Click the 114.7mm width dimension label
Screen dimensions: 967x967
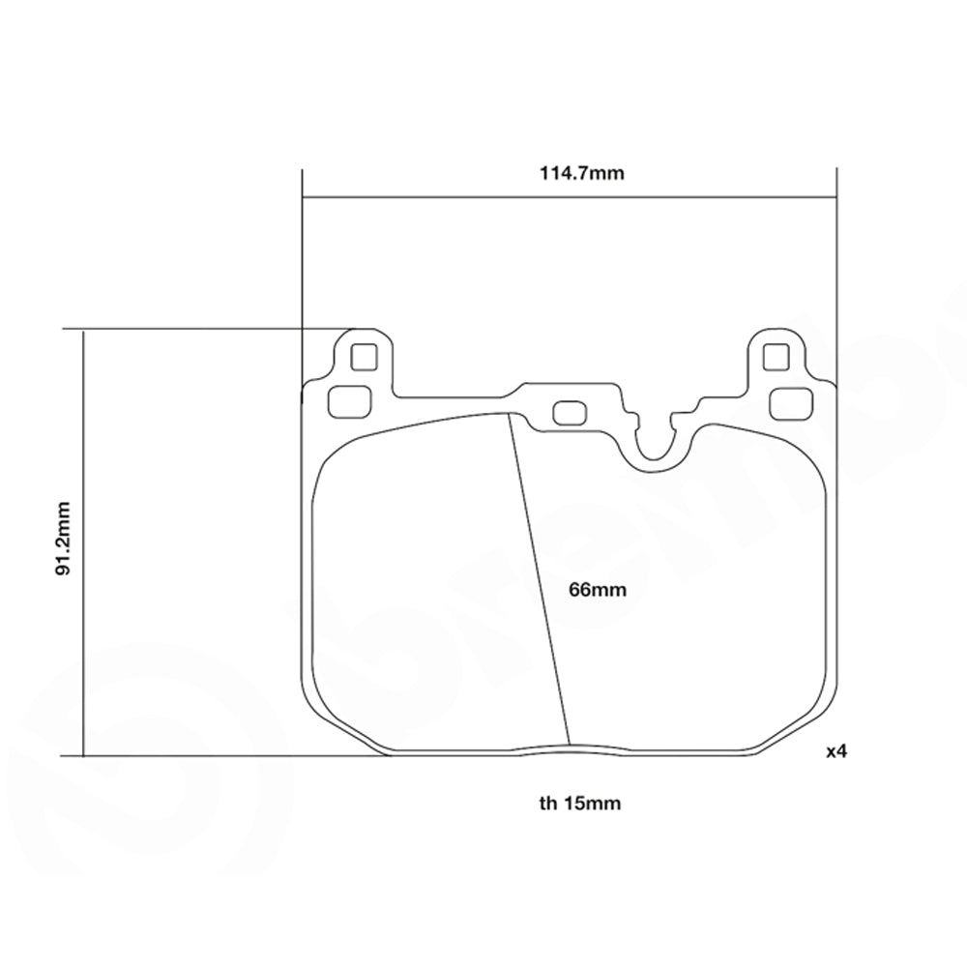(569, 174)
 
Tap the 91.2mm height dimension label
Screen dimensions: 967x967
(65, 540)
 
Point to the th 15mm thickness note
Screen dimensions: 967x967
(579, 802)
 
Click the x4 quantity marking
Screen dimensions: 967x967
(836, 750)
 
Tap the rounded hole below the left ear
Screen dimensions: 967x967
(349, 399)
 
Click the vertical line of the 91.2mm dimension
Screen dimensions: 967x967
(84, 542)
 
